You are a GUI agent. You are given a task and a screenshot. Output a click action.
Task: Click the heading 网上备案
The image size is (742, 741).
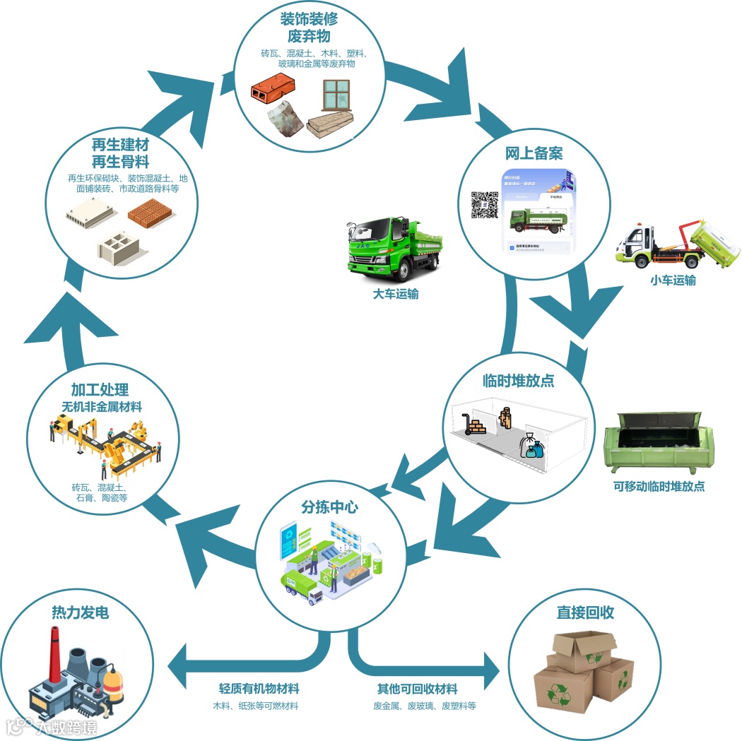(534, 153)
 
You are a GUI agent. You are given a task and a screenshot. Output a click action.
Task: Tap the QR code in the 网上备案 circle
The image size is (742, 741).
(485, 204)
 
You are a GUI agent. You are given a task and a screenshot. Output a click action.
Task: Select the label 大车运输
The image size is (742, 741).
(396, 295)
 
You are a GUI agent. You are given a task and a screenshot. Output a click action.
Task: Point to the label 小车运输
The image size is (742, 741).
(673, 280)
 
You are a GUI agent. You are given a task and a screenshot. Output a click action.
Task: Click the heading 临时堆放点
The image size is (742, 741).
(518, 381)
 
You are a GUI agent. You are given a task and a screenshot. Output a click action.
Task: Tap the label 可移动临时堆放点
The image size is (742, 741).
(659, 486)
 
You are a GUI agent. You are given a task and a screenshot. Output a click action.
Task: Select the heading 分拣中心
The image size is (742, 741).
(330, 506)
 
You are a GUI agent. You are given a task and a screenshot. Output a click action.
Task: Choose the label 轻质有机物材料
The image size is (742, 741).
(259, 689)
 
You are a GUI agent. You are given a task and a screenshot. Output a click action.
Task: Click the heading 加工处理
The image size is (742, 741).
(100, 391)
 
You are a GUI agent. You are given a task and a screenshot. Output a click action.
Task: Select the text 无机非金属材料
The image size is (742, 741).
(101, 407)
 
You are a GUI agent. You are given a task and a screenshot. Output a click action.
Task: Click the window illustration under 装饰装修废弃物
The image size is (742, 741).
(336, 95)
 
